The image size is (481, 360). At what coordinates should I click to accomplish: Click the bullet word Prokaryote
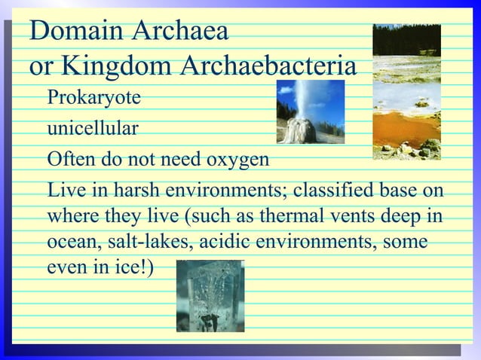click(93, 99)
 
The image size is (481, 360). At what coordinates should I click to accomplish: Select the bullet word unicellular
click(93, 129)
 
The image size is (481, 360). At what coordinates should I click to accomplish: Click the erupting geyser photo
click(310, 112)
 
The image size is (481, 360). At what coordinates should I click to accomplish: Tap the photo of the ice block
click(210, 296)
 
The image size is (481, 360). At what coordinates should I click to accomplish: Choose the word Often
click(71, 160)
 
